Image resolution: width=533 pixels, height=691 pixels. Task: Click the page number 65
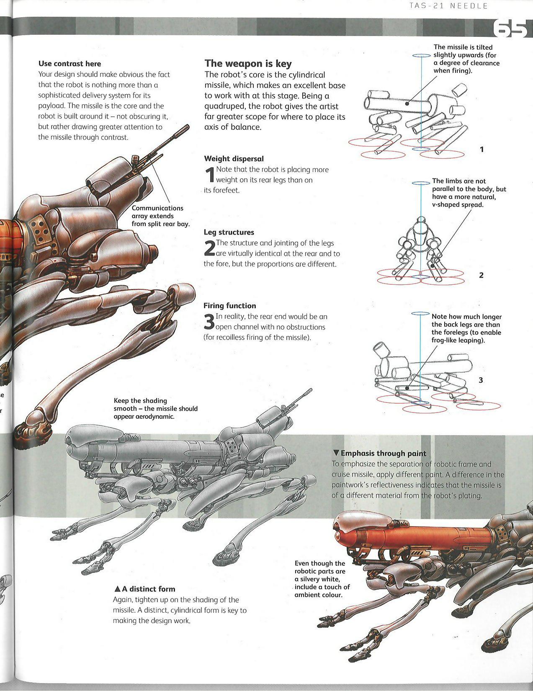pos(510,29)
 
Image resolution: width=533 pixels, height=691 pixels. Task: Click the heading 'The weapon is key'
pos(248,64)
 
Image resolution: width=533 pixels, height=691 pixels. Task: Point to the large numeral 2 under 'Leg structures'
pos(209,248)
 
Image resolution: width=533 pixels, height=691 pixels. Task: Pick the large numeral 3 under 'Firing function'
pos(209,322)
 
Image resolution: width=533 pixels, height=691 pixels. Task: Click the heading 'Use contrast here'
pos(70,64)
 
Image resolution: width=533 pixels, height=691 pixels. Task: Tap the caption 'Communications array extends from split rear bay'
pos(160,216)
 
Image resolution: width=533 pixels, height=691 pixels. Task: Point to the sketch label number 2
pos(481,275)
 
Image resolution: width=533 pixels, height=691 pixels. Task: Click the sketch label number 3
pos(481,380)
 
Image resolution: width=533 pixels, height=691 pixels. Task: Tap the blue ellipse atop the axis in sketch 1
pos(421,56)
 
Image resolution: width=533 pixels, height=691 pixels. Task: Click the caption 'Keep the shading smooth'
pos(155,408)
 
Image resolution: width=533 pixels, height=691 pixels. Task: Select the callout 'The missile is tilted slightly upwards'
pos(466,59)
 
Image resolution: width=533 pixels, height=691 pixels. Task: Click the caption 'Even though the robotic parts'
pos(322,579)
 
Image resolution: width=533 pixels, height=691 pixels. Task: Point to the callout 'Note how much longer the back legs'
pos(466,328)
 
